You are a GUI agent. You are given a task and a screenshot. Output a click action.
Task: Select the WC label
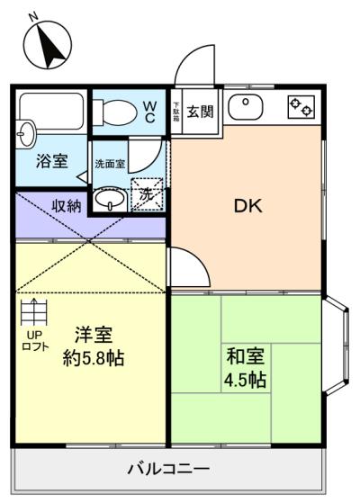(x=149, y=112)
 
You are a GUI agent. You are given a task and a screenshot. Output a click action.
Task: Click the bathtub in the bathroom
(x=51, y=112)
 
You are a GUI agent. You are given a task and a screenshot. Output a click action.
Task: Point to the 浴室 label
(x=52, y=161)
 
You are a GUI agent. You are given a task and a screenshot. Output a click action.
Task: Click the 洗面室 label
(x=110, y=164)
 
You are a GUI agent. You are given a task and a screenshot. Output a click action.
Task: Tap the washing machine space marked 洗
(x=148, y=194)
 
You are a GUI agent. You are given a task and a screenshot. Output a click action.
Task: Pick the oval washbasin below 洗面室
(x=110, y=199)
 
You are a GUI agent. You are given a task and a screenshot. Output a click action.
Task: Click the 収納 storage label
(x=67, y=206)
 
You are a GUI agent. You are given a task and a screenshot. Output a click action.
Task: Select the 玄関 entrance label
(x=200, y=111)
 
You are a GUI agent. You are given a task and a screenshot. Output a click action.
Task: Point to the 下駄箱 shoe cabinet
(x=176, y=112)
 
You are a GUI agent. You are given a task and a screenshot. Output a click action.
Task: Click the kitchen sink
(x=246, y=107)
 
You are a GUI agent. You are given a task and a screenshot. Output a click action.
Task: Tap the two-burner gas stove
(x=301, y=107)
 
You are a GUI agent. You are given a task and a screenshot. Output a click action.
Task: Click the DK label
(x=248, y=206)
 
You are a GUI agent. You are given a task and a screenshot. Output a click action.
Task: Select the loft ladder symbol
(x=34, y=312)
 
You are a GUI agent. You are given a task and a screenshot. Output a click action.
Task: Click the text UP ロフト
(x=35, y=341)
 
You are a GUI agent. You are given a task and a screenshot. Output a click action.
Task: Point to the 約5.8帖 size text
(x=94, y=358)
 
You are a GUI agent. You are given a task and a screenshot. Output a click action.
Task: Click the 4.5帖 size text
(x=245, y=380)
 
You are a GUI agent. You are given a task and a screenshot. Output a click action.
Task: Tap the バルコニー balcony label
(x=169, y=469)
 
